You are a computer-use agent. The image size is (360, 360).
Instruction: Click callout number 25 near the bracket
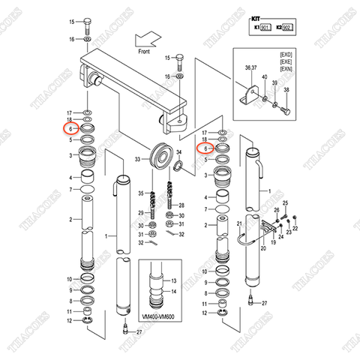(285, 203)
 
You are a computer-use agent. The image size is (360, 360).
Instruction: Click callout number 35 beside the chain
(139, 193)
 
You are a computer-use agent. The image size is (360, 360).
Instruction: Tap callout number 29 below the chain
(139, 214)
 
